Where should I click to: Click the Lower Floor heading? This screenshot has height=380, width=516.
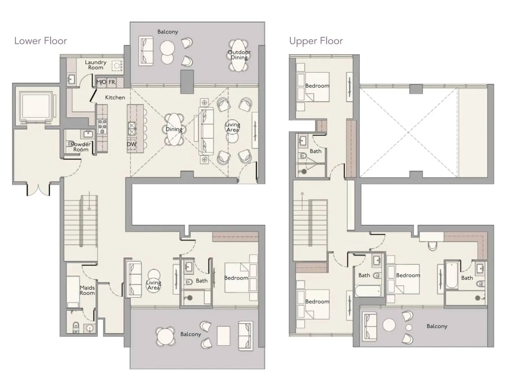[x=41, y=41]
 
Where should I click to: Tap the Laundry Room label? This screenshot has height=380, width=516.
[x=95, y=65]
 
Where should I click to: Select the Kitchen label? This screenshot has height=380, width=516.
[x=115, y=98]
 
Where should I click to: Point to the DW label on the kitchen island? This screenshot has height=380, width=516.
[x=132, y=144]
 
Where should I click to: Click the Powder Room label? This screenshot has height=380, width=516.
[x=81, y=147]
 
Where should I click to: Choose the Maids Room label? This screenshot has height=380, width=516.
[x=87, y=290]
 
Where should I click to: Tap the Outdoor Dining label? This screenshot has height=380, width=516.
[x=239, y=55]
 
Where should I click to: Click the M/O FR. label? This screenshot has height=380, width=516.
[x=106, y=82]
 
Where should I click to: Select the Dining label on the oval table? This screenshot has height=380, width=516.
[x=174, y=129]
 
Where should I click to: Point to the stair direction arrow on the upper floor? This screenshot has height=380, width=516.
[x=302, y=201]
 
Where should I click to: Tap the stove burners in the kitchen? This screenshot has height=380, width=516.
[x=102, y=127]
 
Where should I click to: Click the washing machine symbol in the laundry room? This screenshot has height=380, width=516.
[x=117, y=66]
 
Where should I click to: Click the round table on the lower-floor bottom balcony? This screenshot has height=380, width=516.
[x=165, y=336]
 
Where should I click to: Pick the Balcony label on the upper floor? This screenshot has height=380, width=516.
[x=437, y=326]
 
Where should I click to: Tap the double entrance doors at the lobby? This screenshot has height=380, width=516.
[x=38, y=189]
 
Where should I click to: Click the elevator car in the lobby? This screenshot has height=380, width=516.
[x=36, y=106]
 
